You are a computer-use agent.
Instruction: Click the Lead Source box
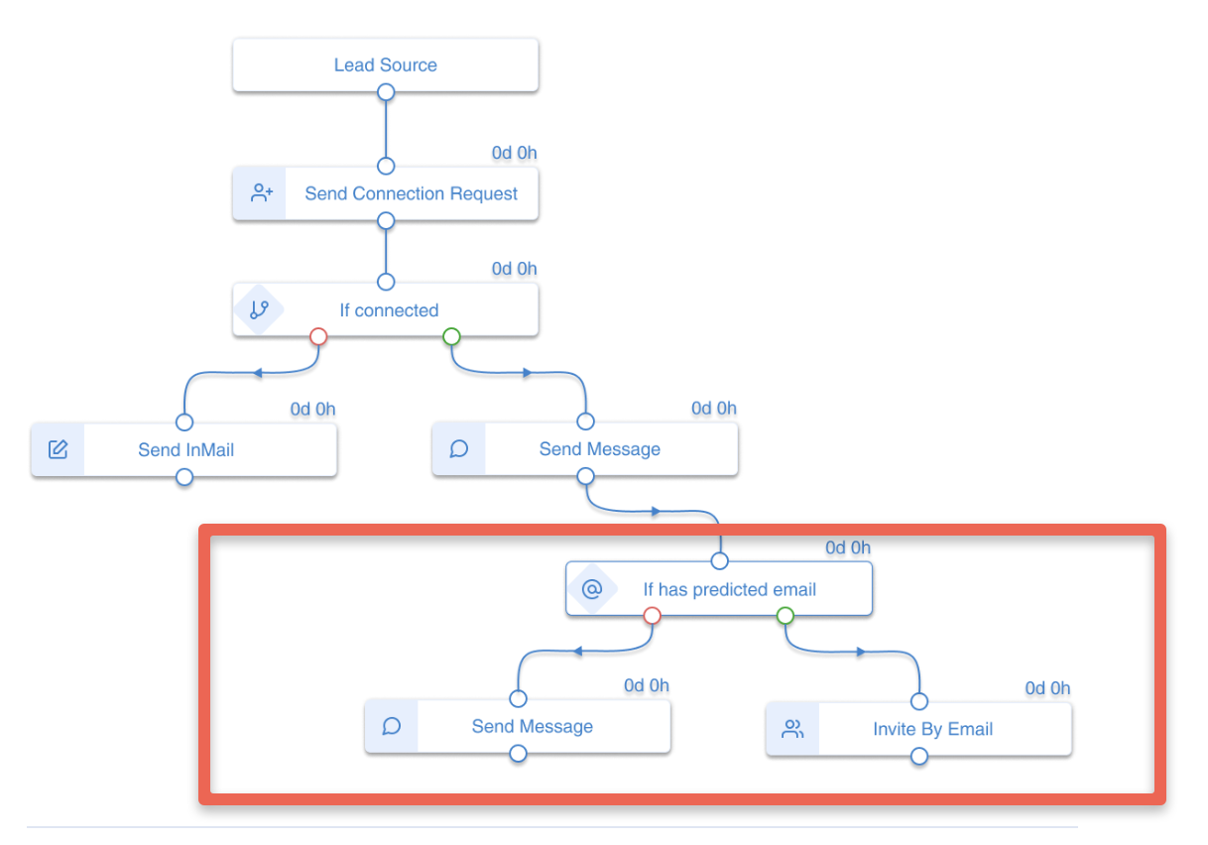coord(385,65)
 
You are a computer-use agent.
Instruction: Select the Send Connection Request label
coord(411,193)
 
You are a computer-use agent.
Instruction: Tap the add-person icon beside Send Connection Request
coord(261,193)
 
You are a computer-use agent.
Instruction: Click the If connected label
coord(389,310)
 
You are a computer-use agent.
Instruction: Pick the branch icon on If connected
coord(259,309)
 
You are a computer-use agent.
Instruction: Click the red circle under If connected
coord(318,337)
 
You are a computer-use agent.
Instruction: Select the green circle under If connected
coord(451,337)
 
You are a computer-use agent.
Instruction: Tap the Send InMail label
coord(185,449)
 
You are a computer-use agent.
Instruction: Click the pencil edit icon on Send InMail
coord(59,449)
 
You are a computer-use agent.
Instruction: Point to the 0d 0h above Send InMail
coord(312,409)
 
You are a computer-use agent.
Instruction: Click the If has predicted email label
coord(729,589)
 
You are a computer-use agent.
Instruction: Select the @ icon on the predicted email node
coord(592,589)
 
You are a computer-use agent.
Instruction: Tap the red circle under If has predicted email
coord(652,616)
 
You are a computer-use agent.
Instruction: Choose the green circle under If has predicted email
coord(785,616)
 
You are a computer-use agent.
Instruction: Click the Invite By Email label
coord(932,729)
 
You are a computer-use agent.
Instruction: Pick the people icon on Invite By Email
coord(792,729)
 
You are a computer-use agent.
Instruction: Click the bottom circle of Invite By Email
coord(918,757)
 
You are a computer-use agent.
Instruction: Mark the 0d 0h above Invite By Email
coord(1047,688)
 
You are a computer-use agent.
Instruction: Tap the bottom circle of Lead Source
coord(386,92)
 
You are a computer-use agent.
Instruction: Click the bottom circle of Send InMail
coord(183,477)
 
